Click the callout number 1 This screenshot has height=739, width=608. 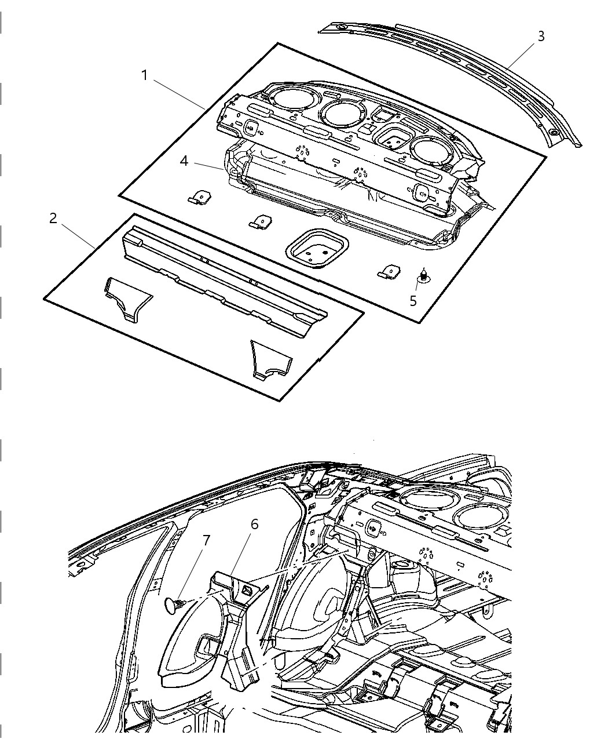coord(144,75)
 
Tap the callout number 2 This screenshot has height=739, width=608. coord(53,219)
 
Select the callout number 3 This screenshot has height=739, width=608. coord(541,36)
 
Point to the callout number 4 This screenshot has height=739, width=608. coord(184,161)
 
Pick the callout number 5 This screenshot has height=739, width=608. coord(413,300)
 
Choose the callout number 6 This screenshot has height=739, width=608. coord(254,524)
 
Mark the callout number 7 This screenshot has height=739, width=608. coord(206,540)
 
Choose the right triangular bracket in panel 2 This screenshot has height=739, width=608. coord(270,360)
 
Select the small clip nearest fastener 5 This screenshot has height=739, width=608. coord(389,271)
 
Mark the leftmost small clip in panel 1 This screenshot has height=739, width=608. coord(199,197)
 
